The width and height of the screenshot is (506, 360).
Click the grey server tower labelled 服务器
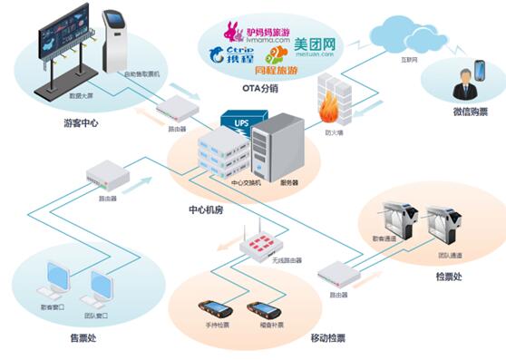click(x=273, y=149)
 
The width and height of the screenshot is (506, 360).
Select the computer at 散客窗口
click(x=55, y=283)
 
